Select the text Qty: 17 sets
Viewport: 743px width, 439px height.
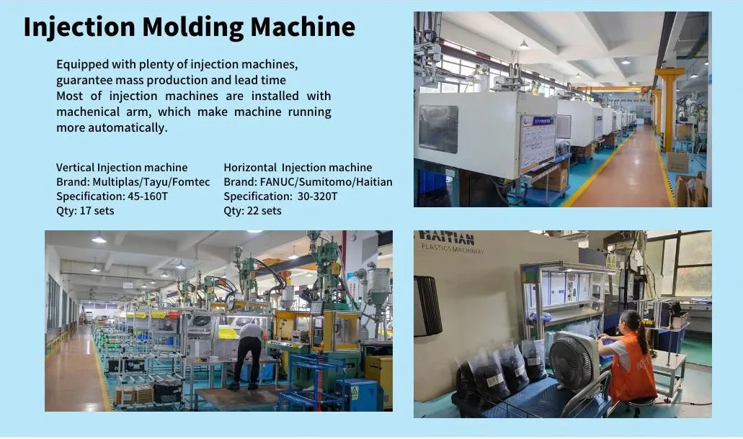point(85,211)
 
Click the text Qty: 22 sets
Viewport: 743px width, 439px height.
point(252,211)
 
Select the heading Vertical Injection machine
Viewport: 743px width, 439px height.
point(122,168)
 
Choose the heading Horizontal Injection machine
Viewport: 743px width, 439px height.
point(298,168)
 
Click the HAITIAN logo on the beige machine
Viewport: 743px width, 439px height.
point(447,239)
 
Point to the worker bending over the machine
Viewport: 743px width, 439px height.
point(249,353)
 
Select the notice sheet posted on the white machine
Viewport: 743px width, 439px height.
point(537,140)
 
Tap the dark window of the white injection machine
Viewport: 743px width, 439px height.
point(438,128)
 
